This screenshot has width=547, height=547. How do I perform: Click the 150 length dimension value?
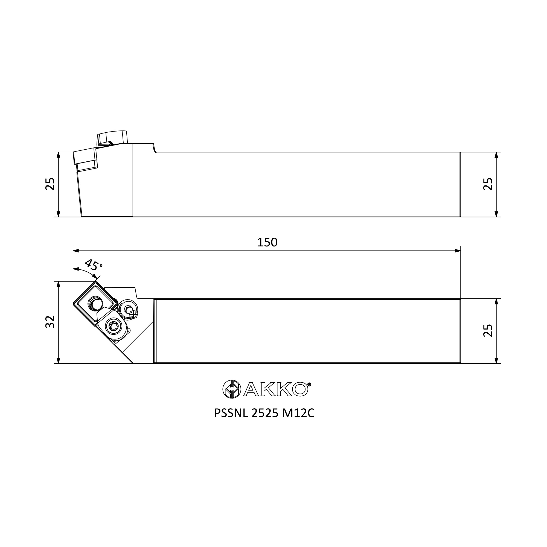pos(267,242)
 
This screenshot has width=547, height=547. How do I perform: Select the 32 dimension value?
pos(50,322)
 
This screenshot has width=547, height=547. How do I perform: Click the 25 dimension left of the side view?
pos(50,184)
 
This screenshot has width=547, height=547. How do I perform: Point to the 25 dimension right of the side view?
pos(488,184)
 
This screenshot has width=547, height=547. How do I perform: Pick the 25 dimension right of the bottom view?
pos(488,330)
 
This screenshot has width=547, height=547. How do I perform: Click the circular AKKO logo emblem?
pos(232,389)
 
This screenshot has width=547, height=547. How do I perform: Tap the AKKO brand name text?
pos(275,389)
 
